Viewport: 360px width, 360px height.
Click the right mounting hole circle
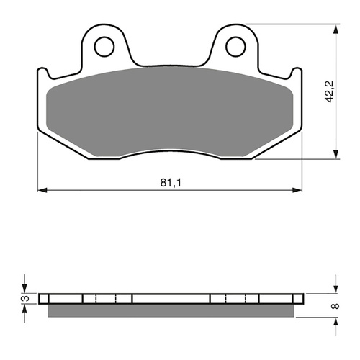tap(235, 47)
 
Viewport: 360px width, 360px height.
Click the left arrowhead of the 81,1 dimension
tap(40, 190)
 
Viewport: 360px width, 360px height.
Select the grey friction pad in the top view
tap(170, 112)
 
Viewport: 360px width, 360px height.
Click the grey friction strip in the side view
tap(170, 310)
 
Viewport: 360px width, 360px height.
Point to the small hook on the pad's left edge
tap(42, 73)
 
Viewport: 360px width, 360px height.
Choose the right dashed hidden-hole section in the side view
tap(234, 298)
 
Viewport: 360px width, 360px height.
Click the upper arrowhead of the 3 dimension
tap(25, 289)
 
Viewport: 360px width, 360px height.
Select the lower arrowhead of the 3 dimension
tap(25, 307)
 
